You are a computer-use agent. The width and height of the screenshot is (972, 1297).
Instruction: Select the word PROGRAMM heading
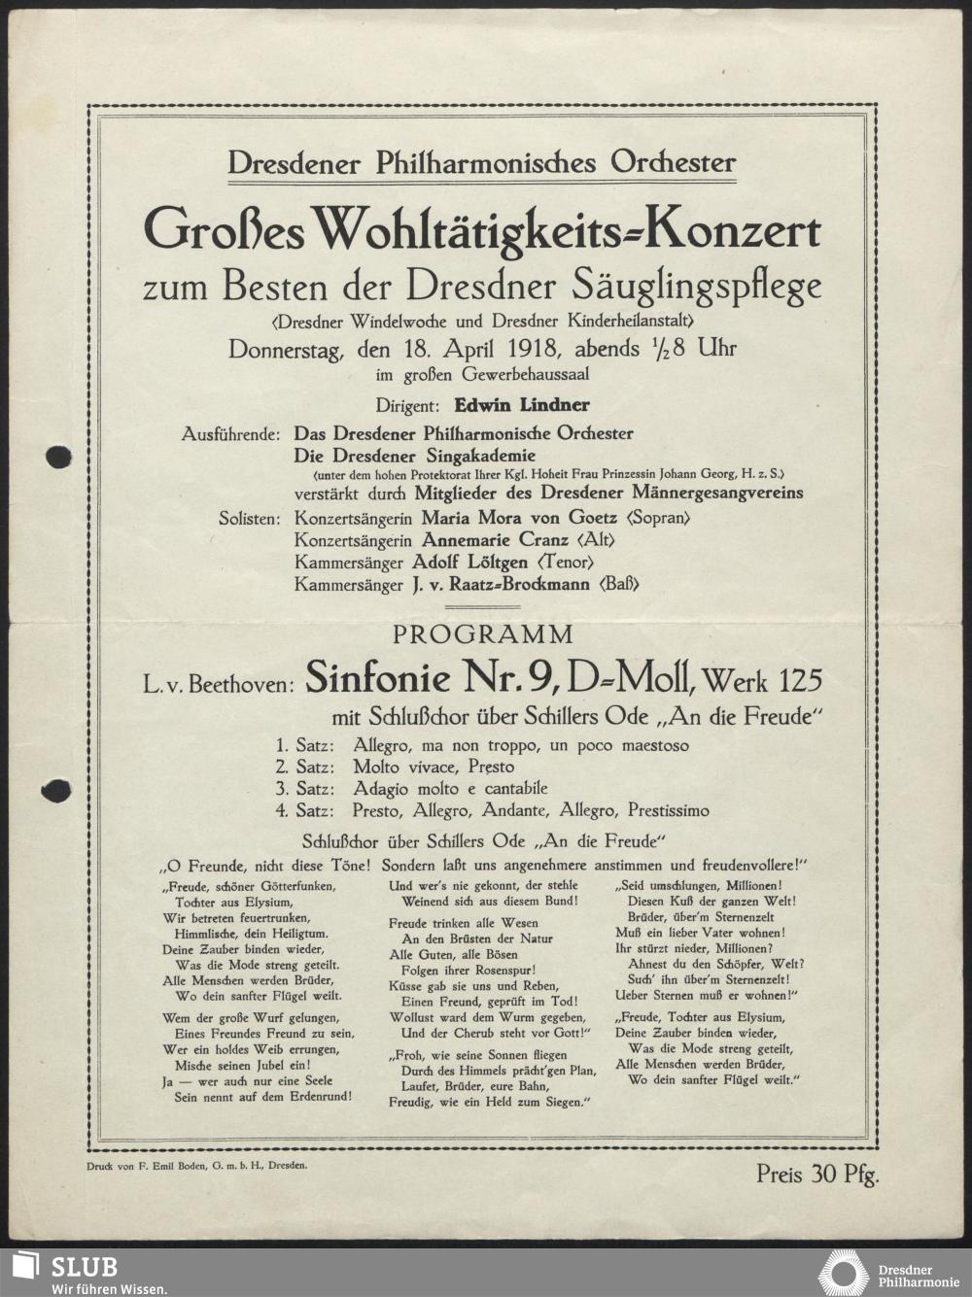(482, 634)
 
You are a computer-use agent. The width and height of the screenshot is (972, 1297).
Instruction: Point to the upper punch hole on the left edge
(58, 456)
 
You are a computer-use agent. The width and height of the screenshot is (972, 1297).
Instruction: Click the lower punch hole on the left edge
(58, 791)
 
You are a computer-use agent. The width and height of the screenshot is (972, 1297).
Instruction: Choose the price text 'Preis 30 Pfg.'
(817, 1174)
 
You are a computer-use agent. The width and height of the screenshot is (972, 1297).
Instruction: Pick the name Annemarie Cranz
(494, 540)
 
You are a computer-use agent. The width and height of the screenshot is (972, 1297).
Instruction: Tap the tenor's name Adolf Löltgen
(470, 563)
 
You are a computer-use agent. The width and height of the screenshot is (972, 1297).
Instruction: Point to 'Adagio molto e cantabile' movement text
(450, 788)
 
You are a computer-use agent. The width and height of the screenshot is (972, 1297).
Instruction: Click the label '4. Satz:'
(304, 810)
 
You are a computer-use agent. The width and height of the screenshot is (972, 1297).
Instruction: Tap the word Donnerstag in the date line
(285, 350)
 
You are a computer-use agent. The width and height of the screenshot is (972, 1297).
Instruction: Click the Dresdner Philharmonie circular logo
(844, 1274)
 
